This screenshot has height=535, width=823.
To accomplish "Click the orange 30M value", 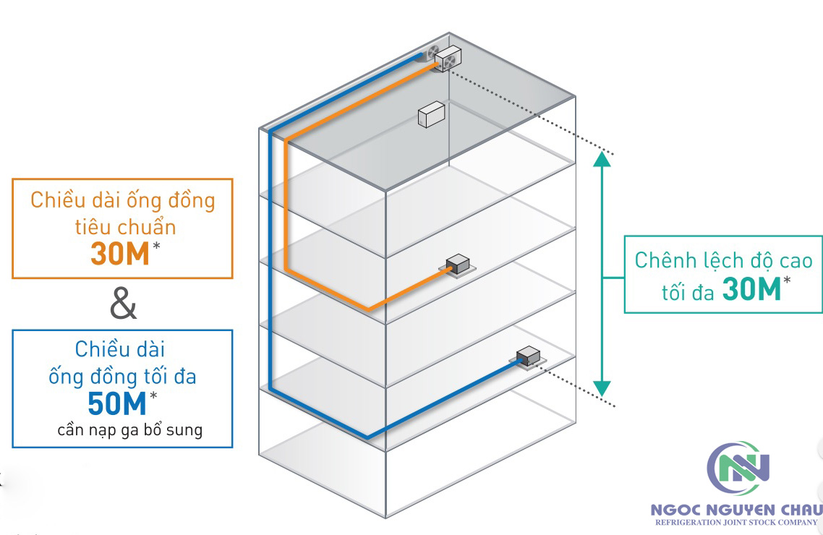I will [120, 254].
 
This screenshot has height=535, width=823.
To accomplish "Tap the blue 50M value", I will [117, 403].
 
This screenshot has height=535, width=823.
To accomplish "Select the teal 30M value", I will [752, 291].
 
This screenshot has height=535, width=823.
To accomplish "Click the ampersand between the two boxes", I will [123, 304].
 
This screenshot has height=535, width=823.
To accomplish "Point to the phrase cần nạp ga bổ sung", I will [130, 431].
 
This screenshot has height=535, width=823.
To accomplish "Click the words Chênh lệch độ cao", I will [723, 260].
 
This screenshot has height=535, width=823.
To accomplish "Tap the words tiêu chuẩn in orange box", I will [124, 226].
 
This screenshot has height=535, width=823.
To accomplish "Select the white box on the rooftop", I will [432, 115].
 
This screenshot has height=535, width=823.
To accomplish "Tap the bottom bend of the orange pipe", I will [369, 309].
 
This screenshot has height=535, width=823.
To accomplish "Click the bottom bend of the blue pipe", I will [367, 436].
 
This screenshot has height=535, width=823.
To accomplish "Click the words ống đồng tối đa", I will [122, 377].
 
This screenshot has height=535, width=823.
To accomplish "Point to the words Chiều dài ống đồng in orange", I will [123, 200].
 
